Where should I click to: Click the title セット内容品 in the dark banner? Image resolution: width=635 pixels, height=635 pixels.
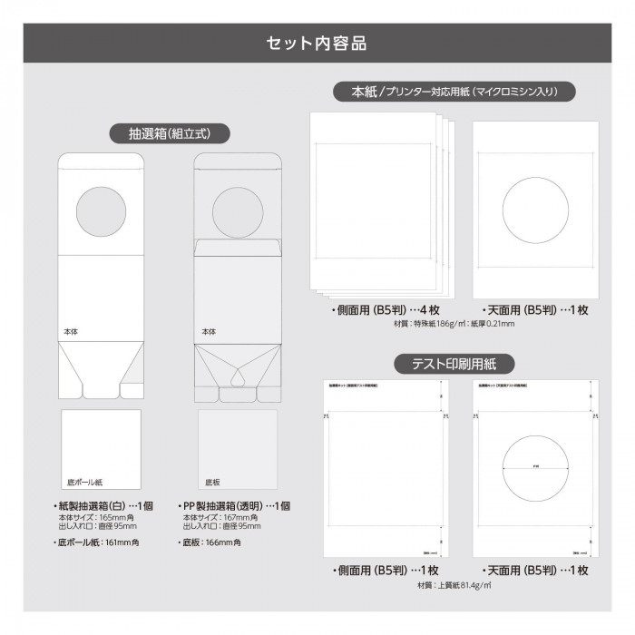(317, 43)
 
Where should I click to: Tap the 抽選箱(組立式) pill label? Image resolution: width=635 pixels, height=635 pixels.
(171, 133)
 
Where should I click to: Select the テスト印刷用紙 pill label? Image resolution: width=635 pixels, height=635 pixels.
(454, 364)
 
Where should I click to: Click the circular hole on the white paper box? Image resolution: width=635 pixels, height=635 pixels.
(100, 210)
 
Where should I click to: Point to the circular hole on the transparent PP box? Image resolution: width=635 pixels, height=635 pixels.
(237, 210)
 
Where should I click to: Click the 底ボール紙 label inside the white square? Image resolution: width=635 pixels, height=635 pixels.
(85, 482)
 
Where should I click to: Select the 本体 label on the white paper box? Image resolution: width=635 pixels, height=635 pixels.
(71, 332)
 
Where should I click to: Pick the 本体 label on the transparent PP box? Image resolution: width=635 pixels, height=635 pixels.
(209, 332)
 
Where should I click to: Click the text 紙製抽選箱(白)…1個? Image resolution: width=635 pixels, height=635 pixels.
(109, 505)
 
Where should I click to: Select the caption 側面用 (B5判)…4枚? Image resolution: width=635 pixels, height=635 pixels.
(381, 309)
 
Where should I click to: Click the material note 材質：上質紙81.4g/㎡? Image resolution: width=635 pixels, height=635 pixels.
(454, 585)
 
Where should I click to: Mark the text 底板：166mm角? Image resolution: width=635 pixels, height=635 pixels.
(210, 542)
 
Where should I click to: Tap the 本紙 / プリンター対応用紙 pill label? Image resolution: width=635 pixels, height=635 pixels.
(454, 92)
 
